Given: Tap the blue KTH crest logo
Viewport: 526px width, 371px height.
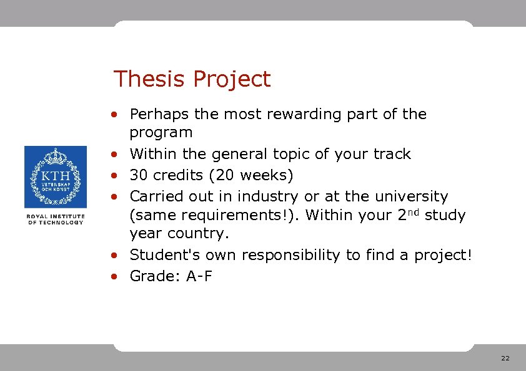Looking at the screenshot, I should point(55,177).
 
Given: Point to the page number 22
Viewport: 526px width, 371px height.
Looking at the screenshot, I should point(505,359).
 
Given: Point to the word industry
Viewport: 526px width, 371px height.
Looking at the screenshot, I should point(270,196).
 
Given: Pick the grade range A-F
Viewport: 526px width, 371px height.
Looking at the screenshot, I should point(199,276).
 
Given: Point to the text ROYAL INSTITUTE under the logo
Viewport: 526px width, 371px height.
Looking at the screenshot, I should point(55,216).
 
